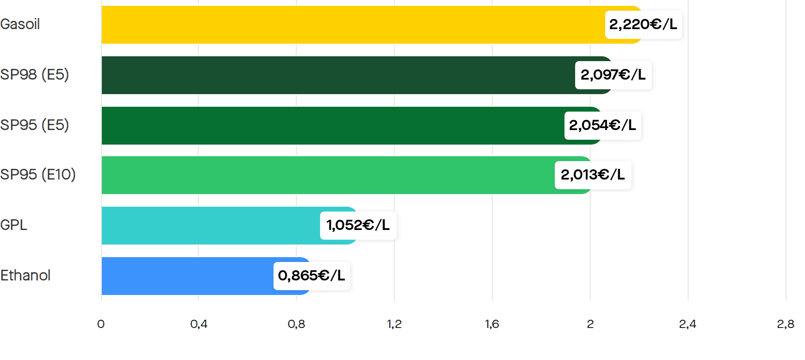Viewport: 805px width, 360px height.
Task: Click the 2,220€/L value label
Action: tap(644, 24)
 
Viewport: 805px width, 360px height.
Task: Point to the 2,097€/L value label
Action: tap(613, 75)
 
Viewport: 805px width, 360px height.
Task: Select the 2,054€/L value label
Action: tap(603, 125)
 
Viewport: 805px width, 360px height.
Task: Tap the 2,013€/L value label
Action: tap(593, 175)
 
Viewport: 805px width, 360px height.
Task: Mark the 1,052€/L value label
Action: tap(358, 225)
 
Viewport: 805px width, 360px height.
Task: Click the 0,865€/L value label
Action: tap(312, 276)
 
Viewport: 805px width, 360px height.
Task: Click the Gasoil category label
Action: tap(20, 24)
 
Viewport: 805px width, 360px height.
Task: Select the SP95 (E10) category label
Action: tap(38, 175)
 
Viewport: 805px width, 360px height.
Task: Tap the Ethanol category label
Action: tap(25, 276)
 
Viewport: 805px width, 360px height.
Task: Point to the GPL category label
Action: tap(13, 225)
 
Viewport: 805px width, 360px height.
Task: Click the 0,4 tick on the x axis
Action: tap(199, 324)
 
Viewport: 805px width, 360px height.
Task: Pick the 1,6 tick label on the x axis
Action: tap(492, 324)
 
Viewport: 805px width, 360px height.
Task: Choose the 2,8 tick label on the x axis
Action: tap(786, 324)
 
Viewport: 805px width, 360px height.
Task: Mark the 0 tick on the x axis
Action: tap(101, 324)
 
